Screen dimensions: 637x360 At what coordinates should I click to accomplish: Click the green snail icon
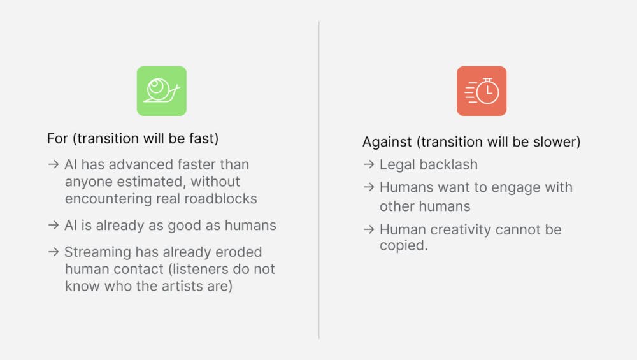tap(162, 91)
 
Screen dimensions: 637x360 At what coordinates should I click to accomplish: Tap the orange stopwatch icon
tap(482, 91)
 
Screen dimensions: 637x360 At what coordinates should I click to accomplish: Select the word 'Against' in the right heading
tap(387, 142)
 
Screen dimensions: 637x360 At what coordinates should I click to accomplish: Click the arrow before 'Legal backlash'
tap(369, 164)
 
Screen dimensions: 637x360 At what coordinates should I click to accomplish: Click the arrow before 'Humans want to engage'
tap(369, 187)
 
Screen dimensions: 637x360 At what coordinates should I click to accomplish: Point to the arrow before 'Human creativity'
tap(369, 229)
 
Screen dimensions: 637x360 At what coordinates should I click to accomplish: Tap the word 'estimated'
tap(151, 182)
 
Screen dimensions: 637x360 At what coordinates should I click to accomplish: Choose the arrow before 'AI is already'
tap(54, 225)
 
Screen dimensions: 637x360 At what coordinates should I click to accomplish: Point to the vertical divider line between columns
tap(319, 180)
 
